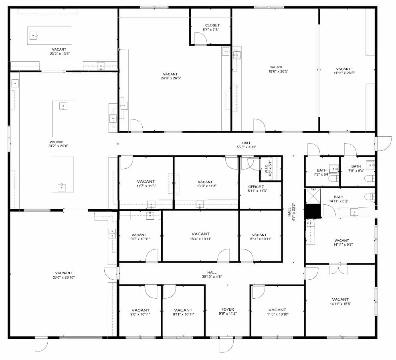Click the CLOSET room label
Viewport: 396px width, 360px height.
pos(212,25)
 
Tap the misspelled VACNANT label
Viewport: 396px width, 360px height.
pos(64,273)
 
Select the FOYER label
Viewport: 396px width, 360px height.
pos(228,309)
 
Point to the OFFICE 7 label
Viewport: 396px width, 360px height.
pos(256,187)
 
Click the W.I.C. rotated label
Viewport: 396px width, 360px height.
pos(267,168)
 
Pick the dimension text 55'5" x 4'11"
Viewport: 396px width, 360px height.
pos(246,147)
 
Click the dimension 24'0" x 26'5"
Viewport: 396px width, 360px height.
pos(171,78)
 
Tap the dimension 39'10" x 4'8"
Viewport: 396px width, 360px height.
pos(212,277)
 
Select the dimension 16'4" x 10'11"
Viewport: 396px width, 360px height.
pos(200,239)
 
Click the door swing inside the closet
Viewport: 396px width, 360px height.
pos(201,38)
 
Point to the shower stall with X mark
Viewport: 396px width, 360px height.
pos(313,196)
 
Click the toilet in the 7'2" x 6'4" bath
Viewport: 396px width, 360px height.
pos(333,179)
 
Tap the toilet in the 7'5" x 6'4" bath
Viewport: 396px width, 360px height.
pos(369,178)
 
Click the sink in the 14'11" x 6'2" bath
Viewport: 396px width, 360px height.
pos(354,212)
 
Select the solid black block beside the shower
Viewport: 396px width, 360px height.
pos(313,210)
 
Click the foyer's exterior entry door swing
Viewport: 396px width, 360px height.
pos(226,345)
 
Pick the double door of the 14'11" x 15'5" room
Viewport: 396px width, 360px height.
pos(338,269)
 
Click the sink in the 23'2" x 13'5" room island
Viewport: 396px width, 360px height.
pos(34,36)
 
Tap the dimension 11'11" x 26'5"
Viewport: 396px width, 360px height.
pos(344,73)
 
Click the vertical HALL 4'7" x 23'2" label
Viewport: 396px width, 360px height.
pos(291,212)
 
